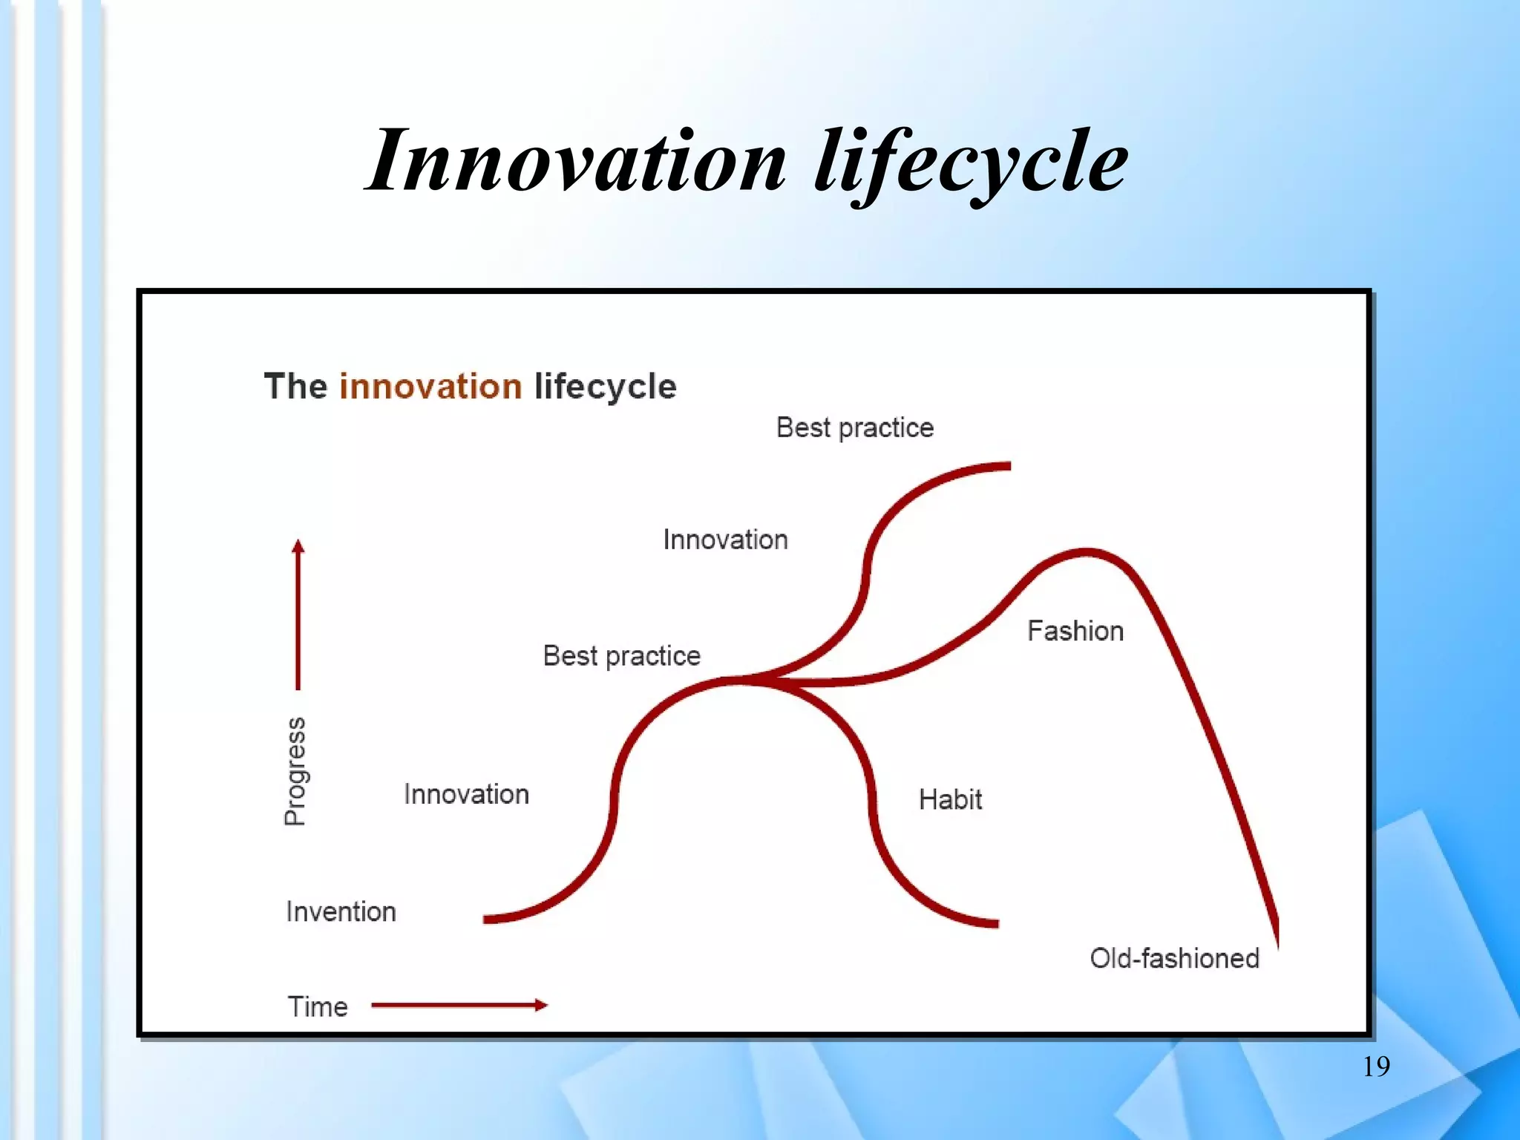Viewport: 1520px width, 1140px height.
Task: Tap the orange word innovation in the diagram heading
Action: (x=430, y=387)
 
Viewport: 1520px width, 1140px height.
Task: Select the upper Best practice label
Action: (x=854, y=427)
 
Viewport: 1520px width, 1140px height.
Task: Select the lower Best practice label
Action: (x=621, y=656)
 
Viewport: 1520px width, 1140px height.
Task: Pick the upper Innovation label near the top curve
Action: (x=725, y=540)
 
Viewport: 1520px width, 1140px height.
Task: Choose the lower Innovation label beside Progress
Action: (x=466, y=794)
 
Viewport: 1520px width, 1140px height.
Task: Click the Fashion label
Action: (x=1075, y=631)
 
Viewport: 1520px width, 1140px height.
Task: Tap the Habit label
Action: (x=950, y=799)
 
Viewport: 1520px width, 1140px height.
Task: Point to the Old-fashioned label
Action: (x=1174, y=958)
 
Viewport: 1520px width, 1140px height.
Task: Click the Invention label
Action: (x=341, y=911)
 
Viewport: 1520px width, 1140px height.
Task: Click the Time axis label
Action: (x=318, y=1007)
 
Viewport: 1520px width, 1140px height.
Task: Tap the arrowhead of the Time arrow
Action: (x=543, y=1006)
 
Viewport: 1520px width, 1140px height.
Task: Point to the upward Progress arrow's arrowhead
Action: (x=298, y=547)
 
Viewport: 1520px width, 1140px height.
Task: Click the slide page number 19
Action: (x=1376, y=1067)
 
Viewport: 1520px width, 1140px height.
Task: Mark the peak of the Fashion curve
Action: (x=1087, y=552)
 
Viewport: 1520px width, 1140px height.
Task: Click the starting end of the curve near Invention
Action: (x=487, y=920)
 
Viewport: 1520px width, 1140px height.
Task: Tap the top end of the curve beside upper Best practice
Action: (x=1007, y=466)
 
